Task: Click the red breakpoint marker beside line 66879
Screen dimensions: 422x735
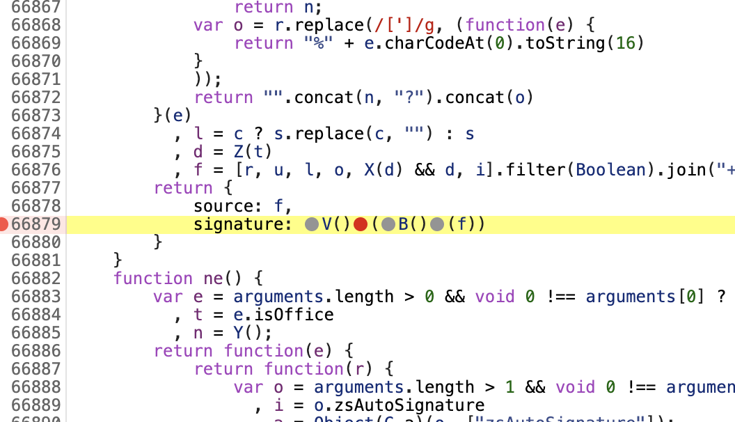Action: coord(4,224)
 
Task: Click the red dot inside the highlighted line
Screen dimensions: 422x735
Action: coord(361,224)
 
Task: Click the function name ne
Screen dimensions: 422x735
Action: coord(212,279)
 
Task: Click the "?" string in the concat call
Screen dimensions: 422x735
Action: coord(404,97)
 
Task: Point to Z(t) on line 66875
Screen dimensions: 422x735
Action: coord(253,152)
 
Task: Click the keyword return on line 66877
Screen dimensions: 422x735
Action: coord(183,188)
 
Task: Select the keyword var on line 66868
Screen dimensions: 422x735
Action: coord(207,25)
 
